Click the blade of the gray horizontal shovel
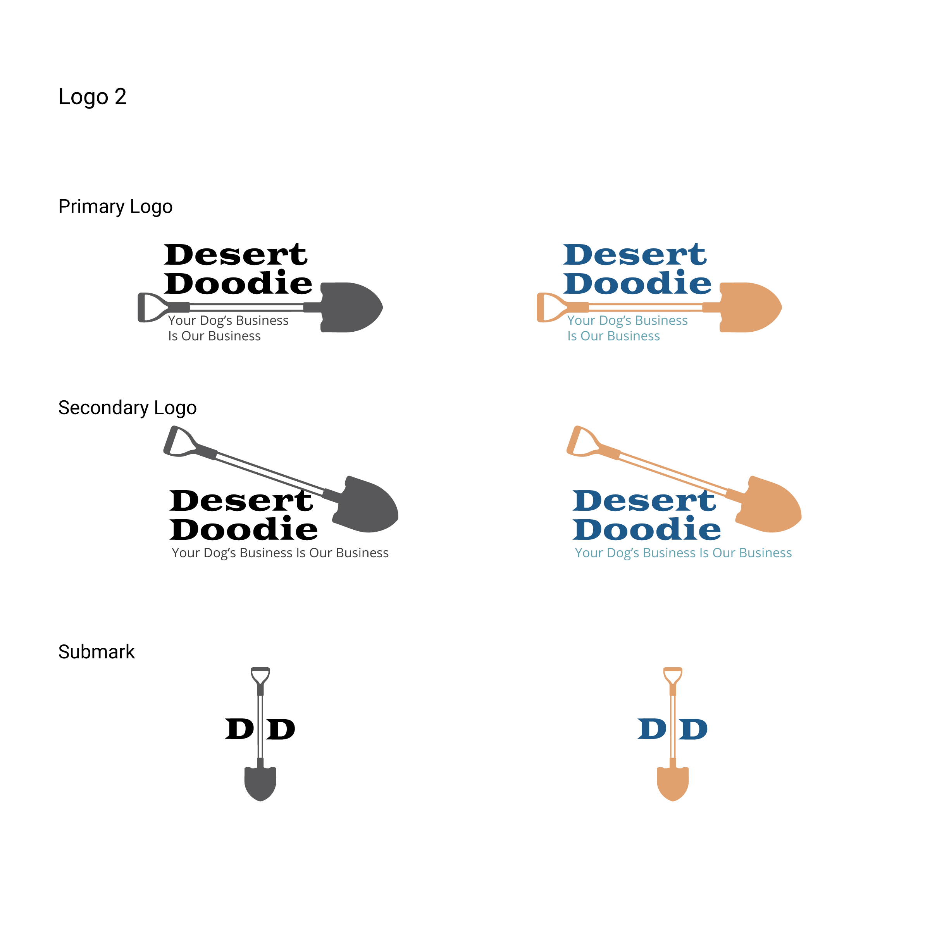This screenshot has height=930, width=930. click(351, 307)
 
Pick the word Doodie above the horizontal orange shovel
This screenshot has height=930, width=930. click(637, 282)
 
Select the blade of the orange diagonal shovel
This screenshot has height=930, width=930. click(770, 505)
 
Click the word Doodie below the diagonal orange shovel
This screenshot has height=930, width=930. click(646, 529)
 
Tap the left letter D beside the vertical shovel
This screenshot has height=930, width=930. click(652, 729)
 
